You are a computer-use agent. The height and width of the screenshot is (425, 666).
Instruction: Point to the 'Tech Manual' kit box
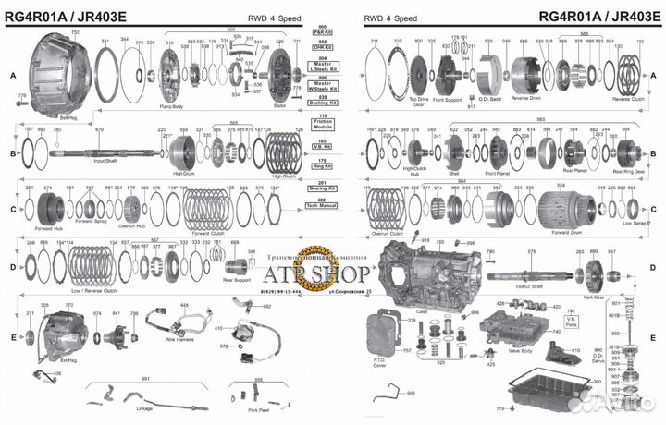322,201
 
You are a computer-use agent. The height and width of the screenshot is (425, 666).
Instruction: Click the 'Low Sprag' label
633,223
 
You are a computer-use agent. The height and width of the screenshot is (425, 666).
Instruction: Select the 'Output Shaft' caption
529,285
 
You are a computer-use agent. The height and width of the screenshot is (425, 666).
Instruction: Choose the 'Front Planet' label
497,172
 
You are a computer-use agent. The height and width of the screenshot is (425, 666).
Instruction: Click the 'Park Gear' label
594,297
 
